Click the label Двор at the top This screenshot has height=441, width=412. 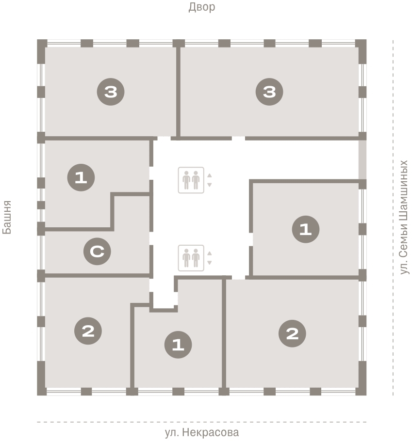click(x=202, y=7)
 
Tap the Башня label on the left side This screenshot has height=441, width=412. click(x=7, y=217)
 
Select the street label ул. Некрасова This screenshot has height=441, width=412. click(x=202, y=432)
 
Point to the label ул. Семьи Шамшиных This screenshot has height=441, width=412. click(x=404, y=217)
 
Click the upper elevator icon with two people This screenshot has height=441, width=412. click(x=191, y=180)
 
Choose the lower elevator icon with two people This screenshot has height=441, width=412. click(x=191, y=258)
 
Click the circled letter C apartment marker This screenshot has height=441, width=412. click(x=97, y=251)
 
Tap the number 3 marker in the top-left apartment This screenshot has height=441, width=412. click(x=111, y=92)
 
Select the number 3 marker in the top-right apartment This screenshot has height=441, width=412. click(x=269, y=92)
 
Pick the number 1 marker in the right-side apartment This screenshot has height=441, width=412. click(x=306, y=229)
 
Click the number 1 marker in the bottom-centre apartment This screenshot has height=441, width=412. click(x=178, y=345)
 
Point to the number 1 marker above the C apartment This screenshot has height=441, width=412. click(x=81, y=177)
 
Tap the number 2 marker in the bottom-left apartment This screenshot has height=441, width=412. click(x=88, y=331)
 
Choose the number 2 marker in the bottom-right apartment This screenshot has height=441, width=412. click(x=292, y=333)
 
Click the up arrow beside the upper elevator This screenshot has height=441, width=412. click(x=209, y=175)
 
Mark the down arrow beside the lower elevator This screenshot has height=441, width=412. click(x=209, y=263)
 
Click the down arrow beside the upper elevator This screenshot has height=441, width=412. click(x=209, y=185)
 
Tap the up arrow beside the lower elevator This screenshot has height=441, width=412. click(x=209, y=253)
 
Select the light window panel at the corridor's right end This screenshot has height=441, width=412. click(x=363, y=159)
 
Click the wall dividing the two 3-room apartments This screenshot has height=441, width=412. click(x=178, y=92)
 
